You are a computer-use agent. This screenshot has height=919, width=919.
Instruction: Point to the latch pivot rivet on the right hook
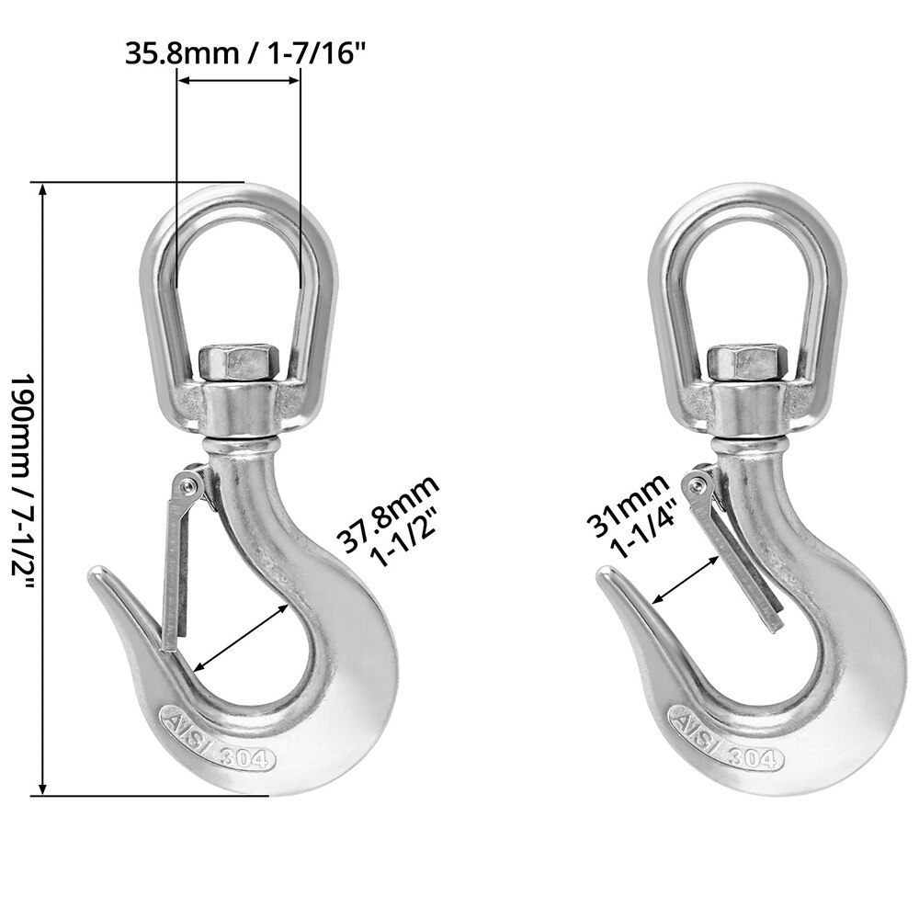pyautogui.click(x=698, y=483)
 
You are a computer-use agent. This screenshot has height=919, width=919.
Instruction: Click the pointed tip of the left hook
pyautogui.click(x=95, y=575)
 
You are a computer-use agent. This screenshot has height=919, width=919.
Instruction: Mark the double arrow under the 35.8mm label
pyautogui.click(x=238, y=81)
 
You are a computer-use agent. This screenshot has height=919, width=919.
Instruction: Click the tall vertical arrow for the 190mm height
pyautogui.click(x=42, y=488)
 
